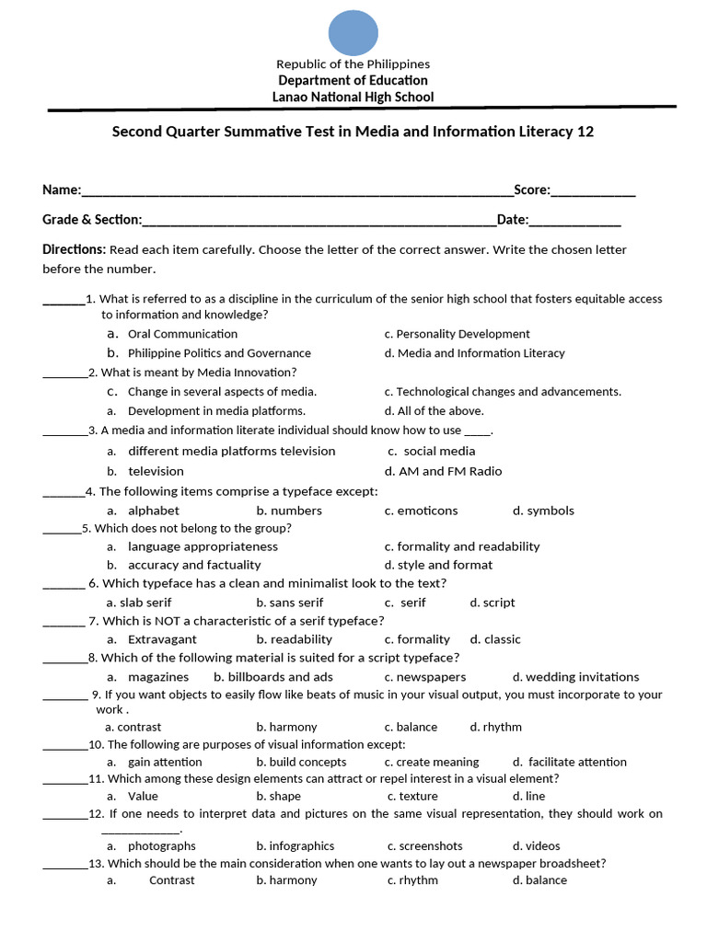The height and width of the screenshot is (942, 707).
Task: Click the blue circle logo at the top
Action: pyautogui.click(x=353, y=32)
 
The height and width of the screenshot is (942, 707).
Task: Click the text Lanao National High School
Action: pyautogui.click(x=353, y=98)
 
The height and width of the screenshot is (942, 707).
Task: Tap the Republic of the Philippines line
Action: pyautogui.click(x=353, y=64)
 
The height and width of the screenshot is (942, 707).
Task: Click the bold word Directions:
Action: pyautogui.click(x=74, y=250)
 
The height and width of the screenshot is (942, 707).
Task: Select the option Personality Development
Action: pyautogui.click(x=457, y=334)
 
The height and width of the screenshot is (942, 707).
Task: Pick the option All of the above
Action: pyautogui.click(x=434, y=411)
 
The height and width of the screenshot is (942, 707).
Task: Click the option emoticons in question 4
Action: pyautogui.click(x=421, y=511)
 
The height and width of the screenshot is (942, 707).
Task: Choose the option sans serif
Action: pyautogui.click(x=290, y=603)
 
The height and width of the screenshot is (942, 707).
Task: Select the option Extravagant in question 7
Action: pyautogui.click(x=162, y=639)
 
